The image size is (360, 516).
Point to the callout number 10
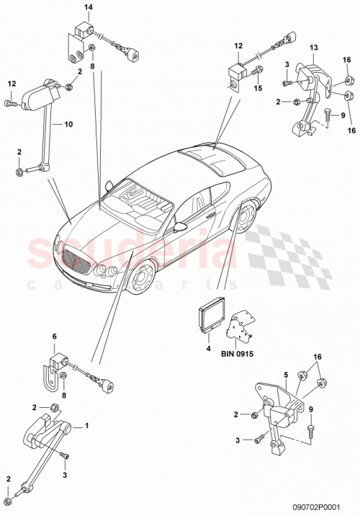pos(69,124)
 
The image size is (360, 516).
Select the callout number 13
pos(314,48)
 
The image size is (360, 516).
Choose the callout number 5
pos(286,374)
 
